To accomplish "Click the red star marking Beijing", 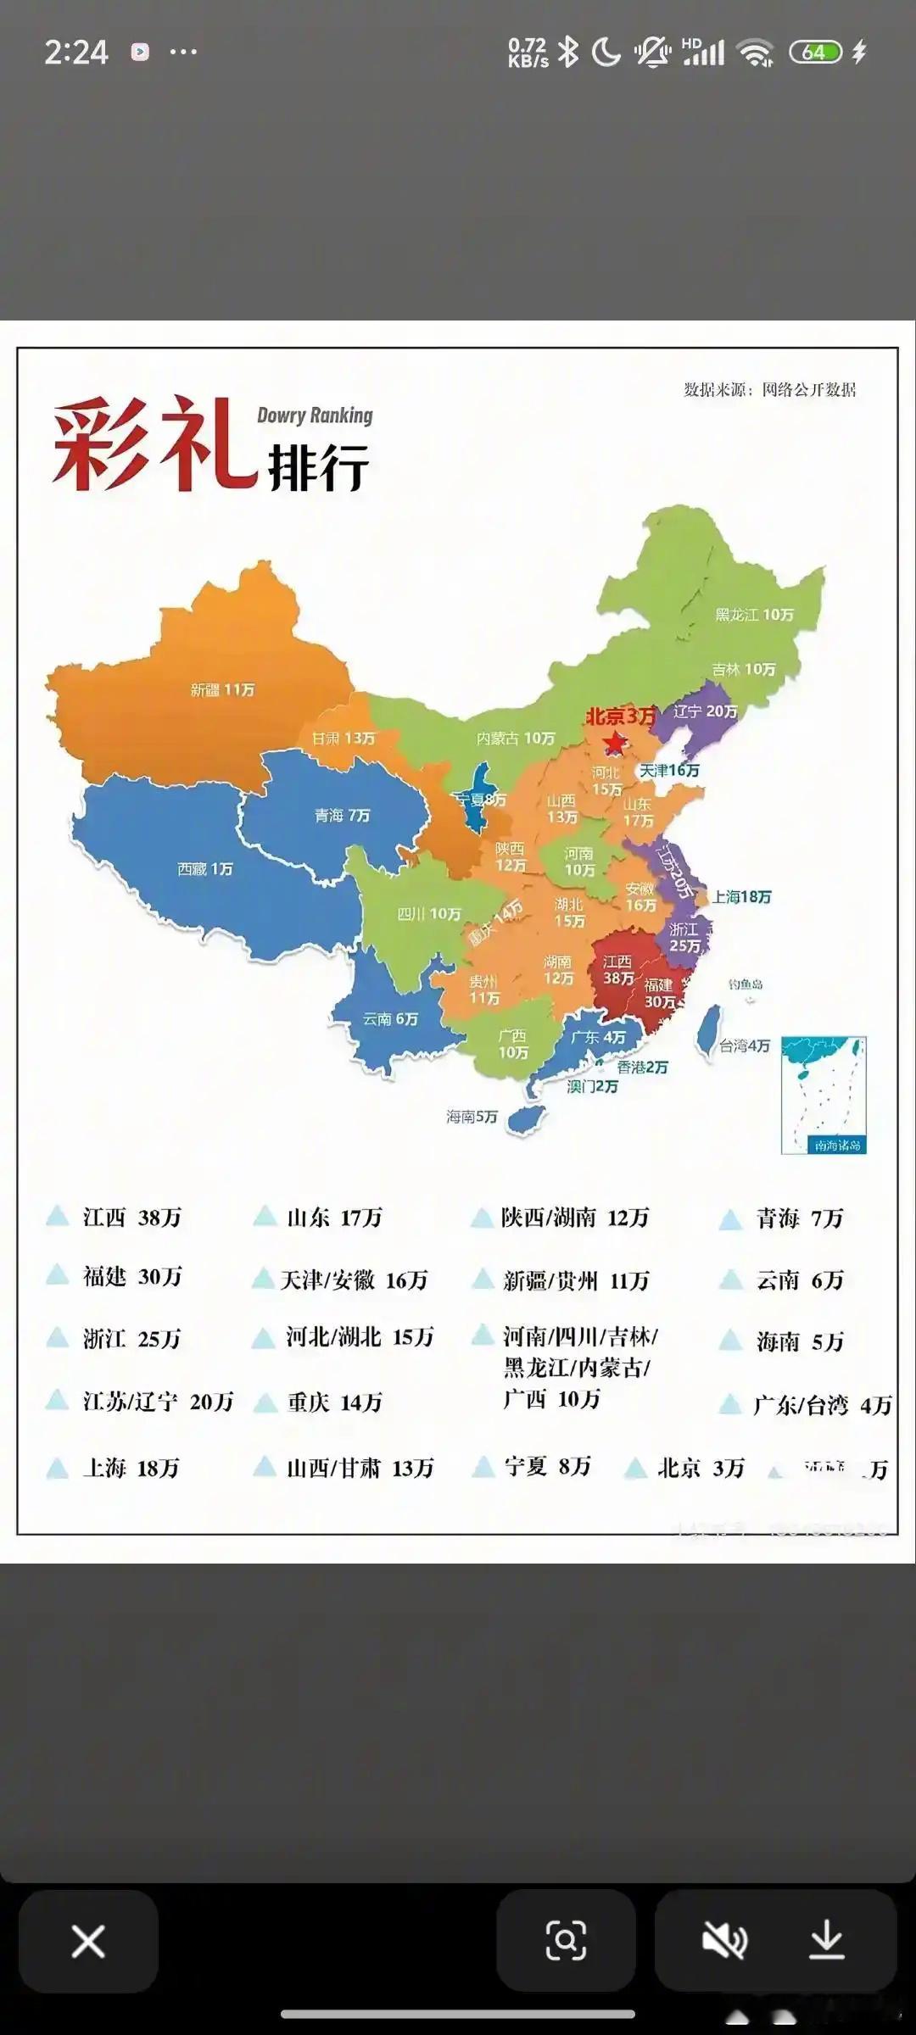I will pos(614,743).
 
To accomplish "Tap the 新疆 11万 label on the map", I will pos(222,690).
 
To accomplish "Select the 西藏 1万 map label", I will pos(204,869).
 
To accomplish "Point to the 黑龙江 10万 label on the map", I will pos(754,615).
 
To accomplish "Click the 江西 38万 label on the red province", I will pos(618,970).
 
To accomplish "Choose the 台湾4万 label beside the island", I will pos(745,1046).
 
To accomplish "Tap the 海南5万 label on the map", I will pos(472,1117).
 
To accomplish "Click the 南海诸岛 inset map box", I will pos(823,1095).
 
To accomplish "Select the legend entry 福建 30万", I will pos(132,1276).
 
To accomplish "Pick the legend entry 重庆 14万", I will pos(334,1402).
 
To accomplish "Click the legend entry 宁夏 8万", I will pos(547,1466).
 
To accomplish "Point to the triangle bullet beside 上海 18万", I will pos(57,1468).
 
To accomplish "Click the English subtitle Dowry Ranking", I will pos(315,415).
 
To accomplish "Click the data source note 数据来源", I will pos(769,390).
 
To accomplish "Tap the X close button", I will pos(88,1941).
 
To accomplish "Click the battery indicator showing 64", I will pos(814,53).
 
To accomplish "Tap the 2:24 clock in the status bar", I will pos(76,53).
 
